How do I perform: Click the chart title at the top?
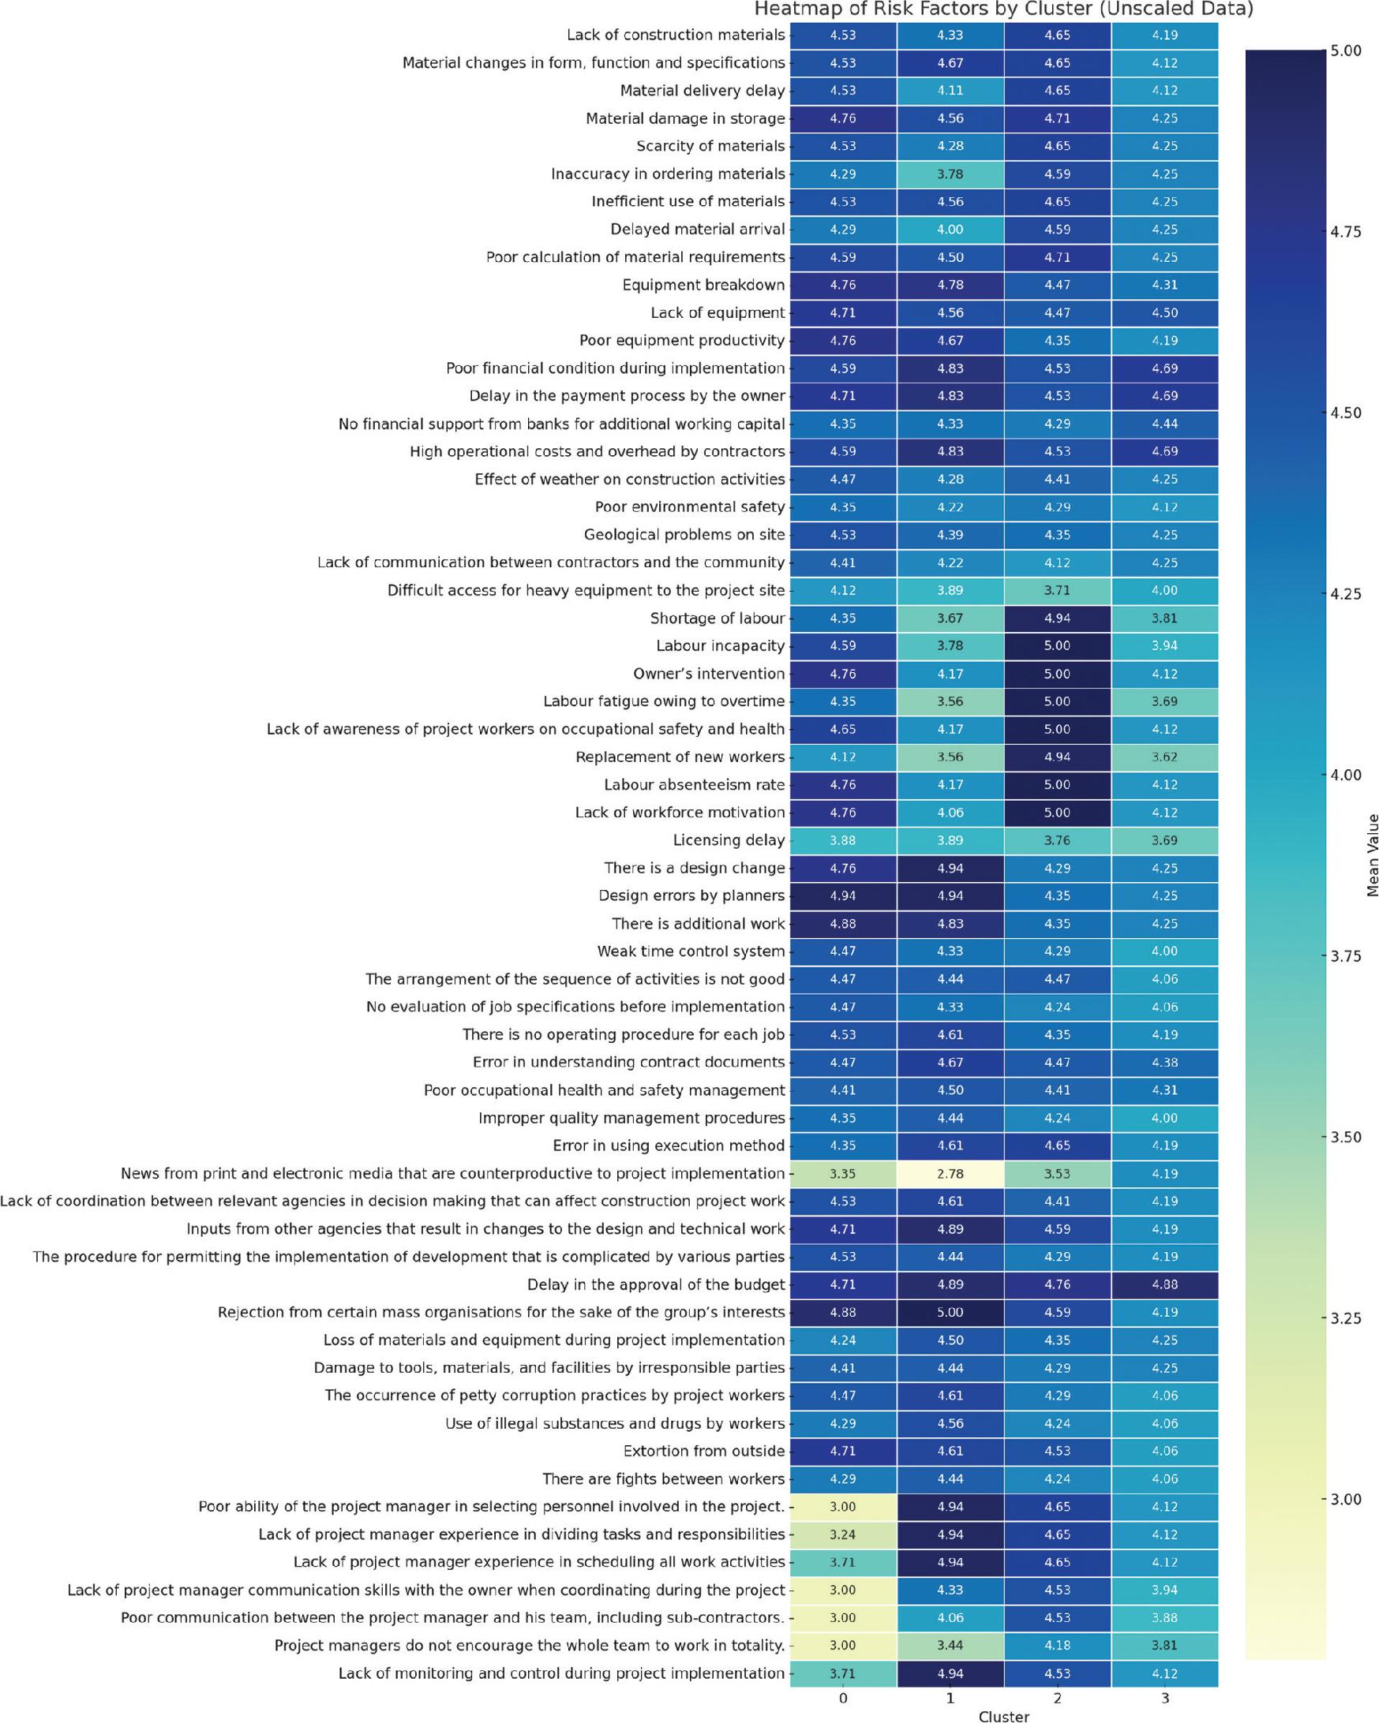click(x=1003, y=9)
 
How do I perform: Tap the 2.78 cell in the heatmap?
click(x=950, y=1173)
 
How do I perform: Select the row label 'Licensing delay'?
click(x=729, y=840)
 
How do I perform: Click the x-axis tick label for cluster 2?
click(x=1057, y=1699)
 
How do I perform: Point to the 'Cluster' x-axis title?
click(x=1003, y=1715)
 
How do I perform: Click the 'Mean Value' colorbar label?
click(x=1373, y=855)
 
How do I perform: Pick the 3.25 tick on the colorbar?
click(x=1346, y=1317)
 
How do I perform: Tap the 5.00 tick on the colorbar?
click(x=1346, y=51)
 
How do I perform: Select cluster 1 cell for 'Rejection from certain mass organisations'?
click(x=950, y=1312)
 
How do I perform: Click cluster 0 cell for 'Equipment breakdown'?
click(x=842, y=285)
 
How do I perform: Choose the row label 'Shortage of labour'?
click(x=717, y=618)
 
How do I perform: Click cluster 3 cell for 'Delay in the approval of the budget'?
click(x=1165, y=1284)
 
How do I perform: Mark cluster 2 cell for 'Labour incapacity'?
click(x=1057, y=645)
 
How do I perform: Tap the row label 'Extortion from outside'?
click(x=703, y=1451)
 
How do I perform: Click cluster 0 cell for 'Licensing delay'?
click(x=842, y=840)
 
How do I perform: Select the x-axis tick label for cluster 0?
click(x=842, y=1699)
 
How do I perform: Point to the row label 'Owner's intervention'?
click(x=708, y=674)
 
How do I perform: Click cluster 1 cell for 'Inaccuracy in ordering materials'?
click(x=950, y=174)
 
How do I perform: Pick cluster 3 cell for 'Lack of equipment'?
click(x=1165, y=312)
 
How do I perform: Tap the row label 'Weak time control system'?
click(x=691, y=951)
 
